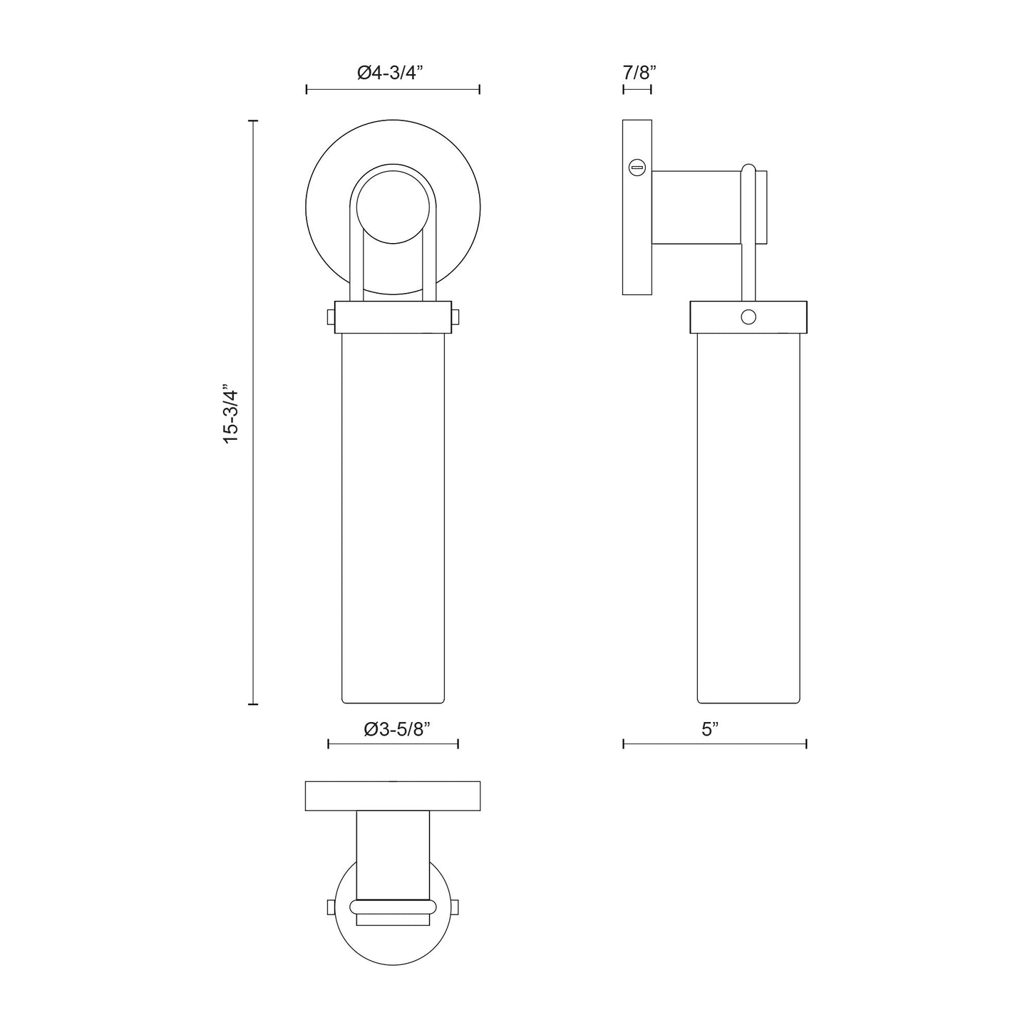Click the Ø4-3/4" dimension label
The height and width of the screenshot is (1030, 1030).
click(x=391, y=72)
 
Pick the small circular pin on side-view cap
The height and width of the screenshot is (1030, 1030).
click(x=748, y=317)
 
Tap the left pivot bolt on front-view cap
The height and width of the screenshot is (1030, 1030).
click(x=331, y=317)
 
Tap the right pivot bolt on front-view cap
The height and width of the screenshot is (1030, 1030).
click(x=455, y=317)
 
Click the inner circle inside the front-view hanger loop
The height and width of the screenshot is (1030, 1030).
click(x=393, y=207)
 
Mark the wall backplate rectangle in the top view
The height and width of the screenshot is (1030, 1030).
click(x=393, y=796)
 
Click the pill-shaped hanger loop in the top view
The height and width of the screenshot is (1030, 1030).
click(x=393, y=907)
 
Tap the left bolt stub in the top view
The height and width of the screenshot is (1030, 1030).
click(x=330, y=907)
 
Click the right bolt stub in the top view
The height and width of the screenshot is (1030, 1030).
click(x=455, y=907)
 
